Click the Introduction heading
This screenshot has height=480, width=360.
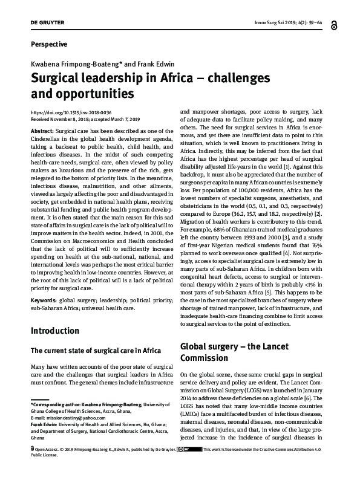(x=54, y=331)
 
